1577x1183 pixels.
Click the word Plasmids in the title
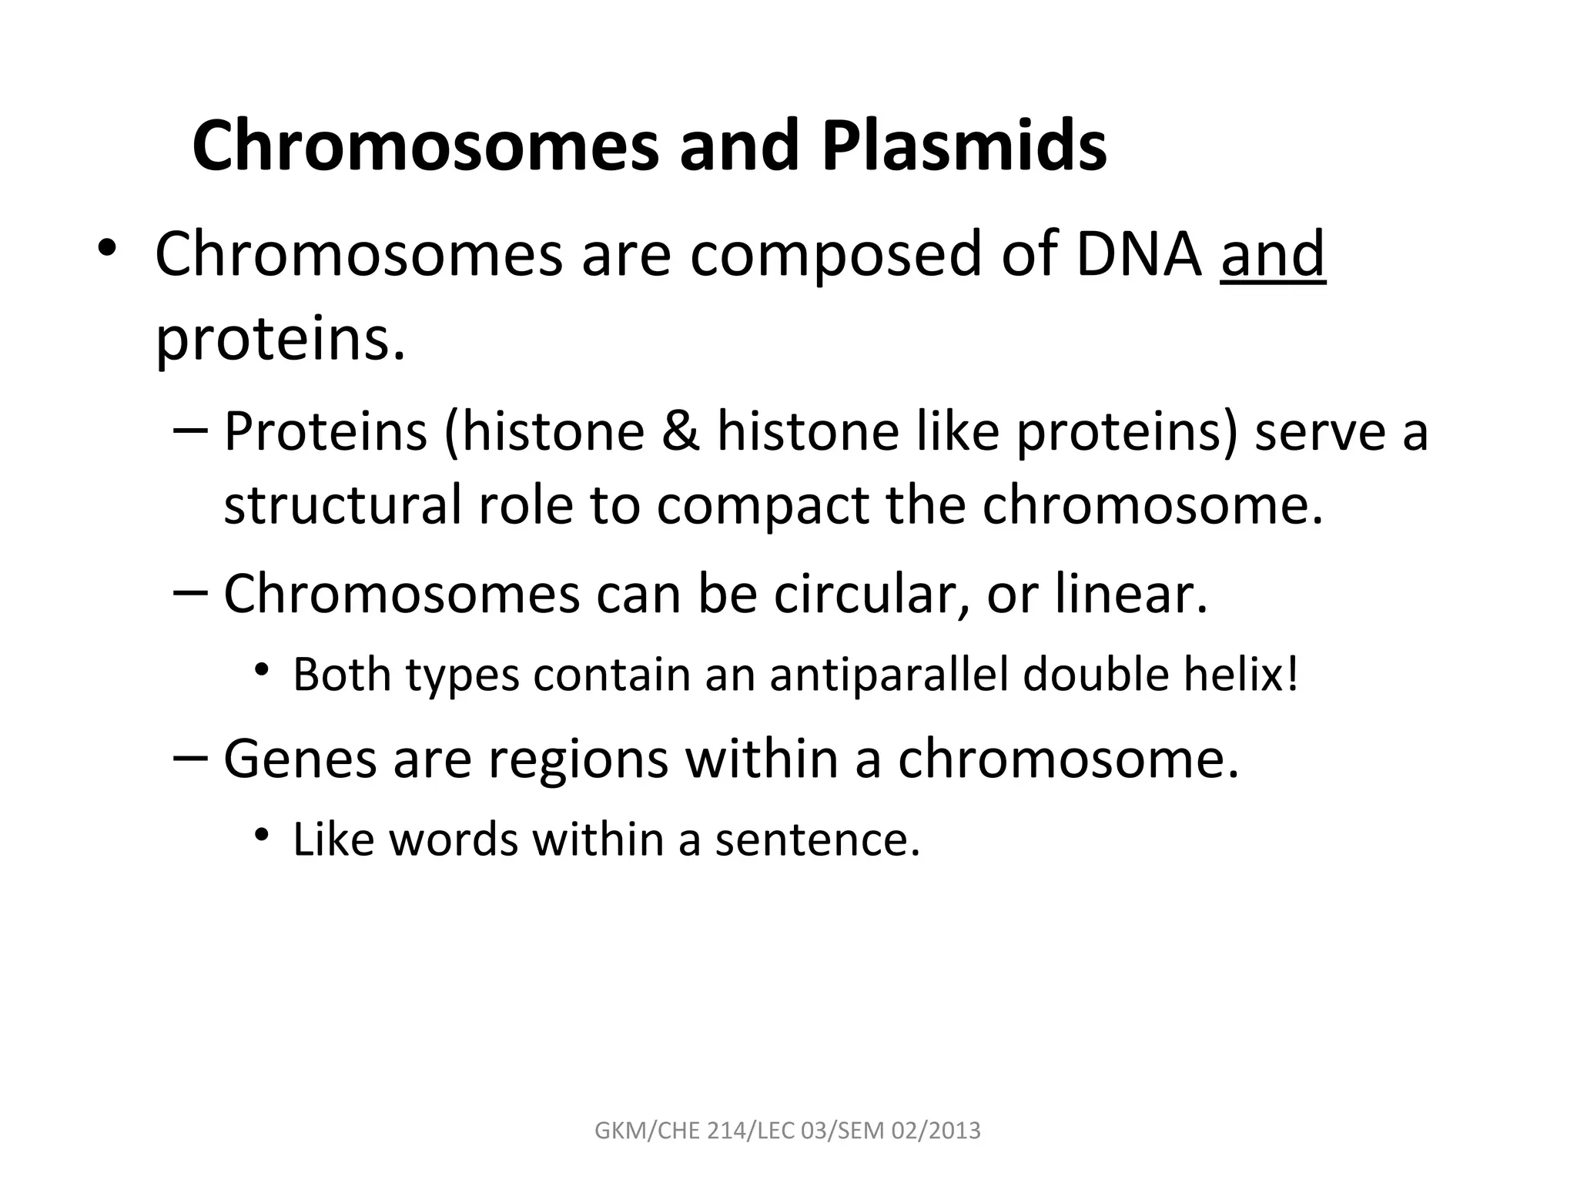point(964,146)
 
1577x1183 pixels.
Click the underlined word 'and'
point(1273,255)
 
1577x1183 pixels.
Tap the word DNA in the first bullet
point(1138,255)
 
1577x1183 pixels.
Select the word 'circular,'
point(870,594)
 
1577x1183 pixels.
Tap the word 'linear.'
point(1131,594)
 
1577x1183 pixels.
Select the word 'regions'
point(578,759)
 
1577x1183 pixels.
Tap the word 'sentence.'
point(818,839)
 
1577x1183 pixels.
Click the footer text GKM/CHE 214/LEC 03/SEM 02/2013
point(788,1131)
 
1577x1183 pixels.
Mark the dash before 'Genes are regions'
point(190,758)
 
